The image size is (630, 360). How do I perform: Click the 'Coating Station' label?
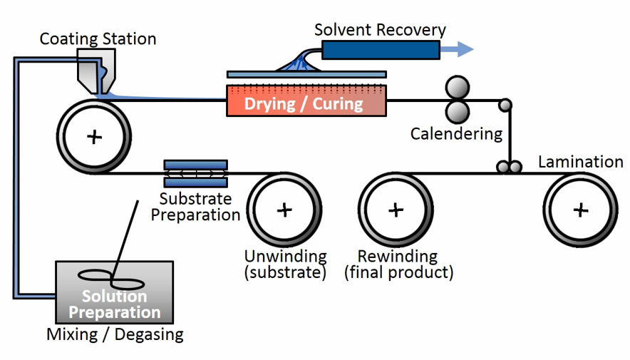coord(98,38)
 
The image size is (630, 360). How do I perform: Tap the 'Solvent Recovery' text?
coord(380,30)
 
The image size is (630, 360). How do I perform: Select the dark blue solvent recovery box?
coord(380,49)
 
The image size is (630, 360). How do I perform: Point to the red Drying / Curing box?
coord(306,101)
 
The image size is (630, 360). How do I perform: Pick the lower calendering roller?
coord(456,110)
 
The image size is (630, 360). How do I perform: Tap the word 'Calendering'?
coord(456,134)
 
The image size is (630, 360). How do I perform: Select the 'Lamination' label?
coord(580,162)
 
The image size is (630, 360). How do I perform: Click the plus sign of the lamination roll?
coord(582,210)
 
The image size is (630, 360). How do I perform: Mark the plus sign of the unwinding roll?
coord(284,210)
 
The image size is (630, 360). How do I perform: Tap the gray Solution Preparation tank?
coord(114,292)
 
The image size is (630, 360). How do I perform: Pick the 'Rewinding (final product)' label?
coord(398,264)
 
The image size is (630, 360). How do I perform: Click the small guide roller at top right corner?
coord(505,106)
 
